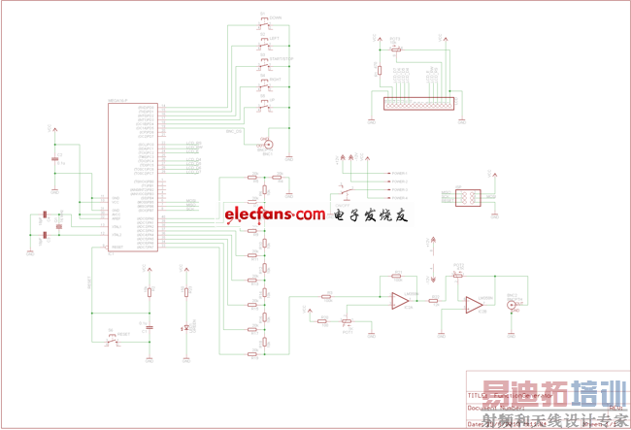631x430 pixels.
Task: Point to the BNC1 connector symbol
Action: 270,145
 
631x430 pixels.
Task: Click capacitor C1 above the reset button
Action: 149,328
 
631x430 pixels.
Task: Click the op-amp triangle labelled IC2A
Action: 398,302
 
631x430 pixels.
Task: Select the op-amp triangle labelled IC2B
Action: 474,305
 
